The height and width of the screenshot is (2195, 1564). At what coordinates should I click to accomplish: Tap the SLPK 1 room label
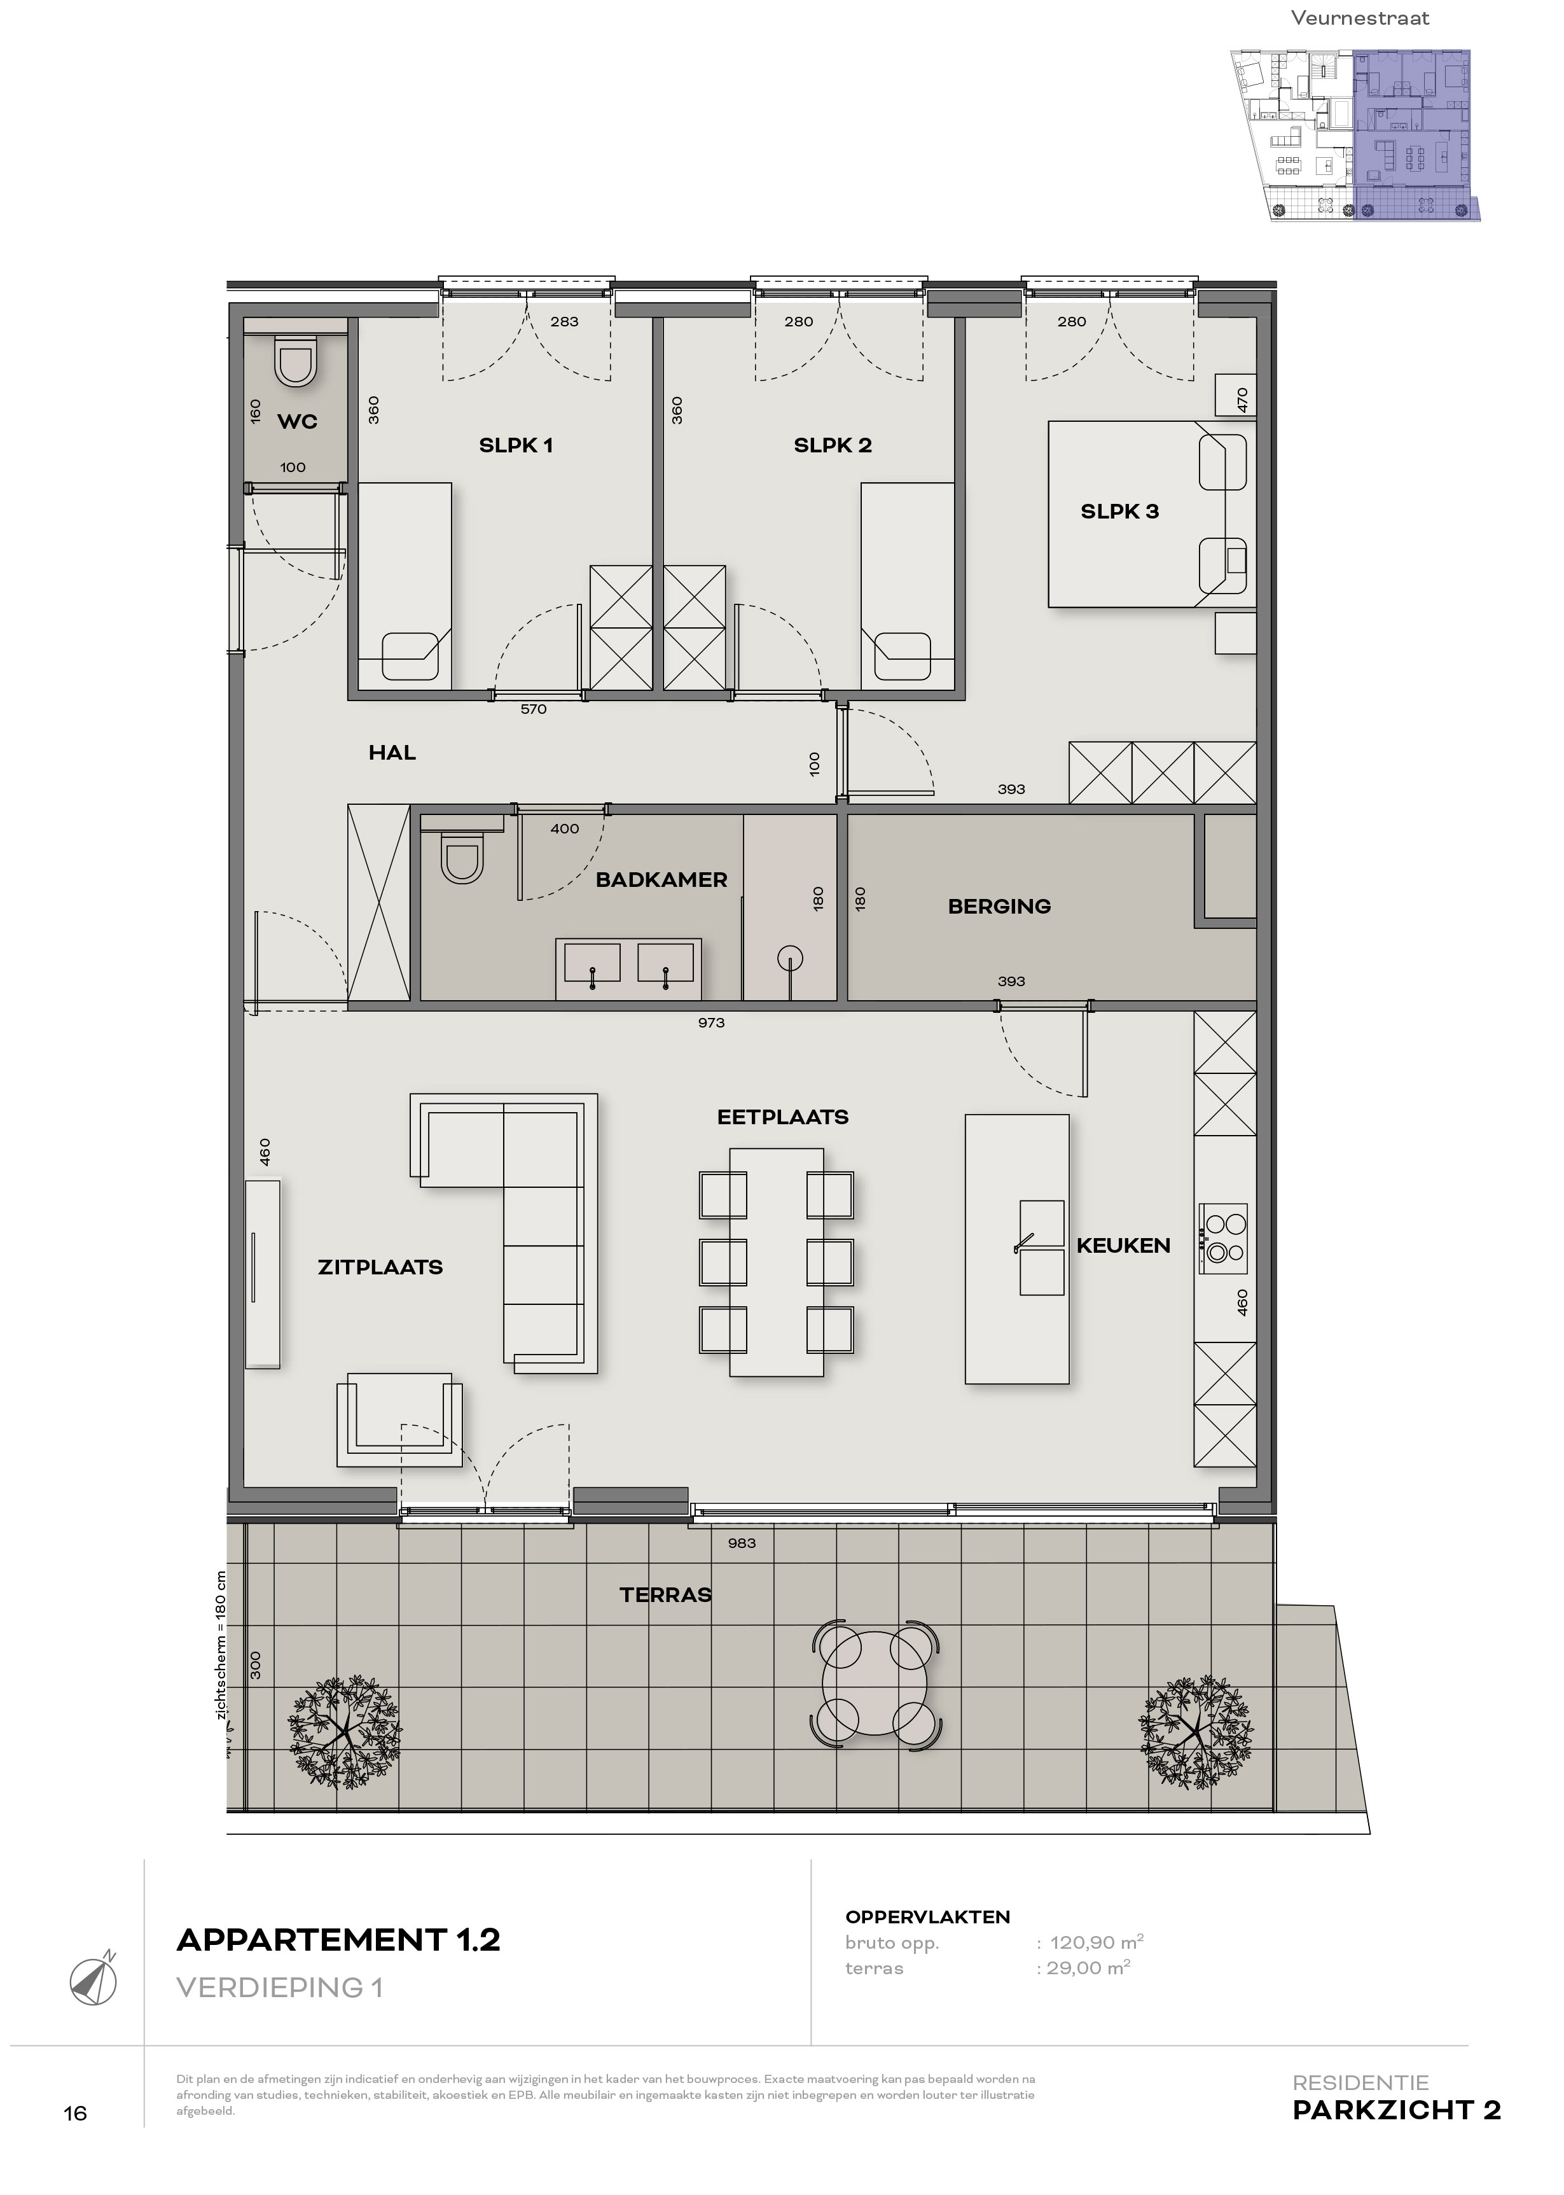pyautogui.click(x=516, y=445)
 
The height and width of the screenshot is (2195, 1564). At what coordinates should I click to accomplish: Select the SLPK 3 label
pyautogui.click(x=1119, y=512)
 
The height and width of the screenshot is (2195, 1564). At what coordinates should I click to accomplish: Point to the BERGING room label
pyautogui.click(x=999, y=907)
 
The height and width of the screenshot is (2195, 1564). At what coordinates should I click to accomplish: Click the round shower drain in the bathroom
pyautogui.click(x=791, y=958)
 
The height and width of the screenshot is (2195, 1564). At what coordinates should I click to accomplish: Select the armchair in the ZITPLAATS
pyautogui.click(x=399, y=1419)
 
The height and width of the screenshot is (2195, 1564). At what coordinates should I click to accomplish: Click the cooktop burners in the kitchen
pyautogui.click(x=1223, y=1237)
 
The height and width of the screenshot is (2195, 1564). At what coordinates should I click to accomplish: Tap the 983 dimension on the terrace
pyautogui.click(x=742, y=1543)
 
